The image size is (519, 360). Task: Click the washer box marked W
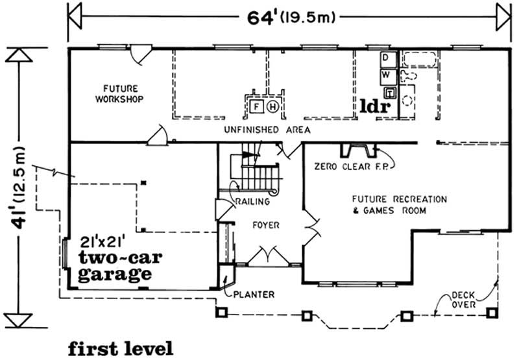[x=385, y=75]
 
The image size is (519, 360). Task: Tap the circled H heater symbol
[x=273, y=106]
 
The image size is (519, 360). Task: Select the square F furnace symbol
[x=257, y=106]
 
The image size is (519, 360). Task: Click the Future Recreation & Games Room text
[x=392, y=204]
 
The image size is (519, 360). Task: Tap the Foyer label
[x=266, y=225]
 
